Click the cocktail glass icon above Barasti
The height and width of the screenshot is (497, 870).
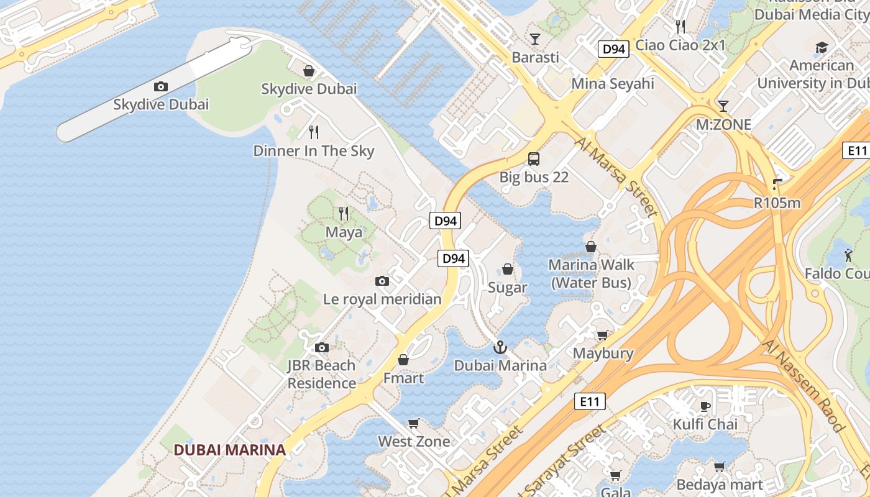[x=534, y=39]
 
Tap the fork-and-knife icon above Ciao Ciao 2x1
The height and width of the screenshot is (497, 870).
[x=680, y=26]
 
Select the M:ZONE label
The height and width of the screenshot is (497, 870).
[x=723, y=125]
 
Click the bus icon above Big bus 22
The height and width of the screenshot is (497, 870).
[x=534, y=158]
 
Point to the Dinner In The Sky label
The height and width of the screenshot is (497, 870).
[x=314, y=151]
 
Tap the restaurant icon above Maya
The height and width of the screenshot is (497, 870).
[x=344, y=214]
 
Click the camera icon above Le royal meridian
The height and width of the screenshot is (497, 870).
[x=382, y=281]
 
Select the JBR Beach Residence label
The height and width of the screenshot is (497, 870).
[x=321, y=374]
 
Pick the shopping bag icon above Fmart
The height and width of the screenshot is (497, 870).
[x=403, y=360]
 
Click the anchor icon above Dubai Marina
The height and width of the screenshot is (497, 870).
[x=500, y=347]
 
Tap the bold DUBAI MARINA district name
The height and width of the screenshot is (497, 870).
[x=229, y=450]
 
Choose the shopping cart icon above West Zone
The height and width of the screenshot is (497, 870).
[x=414, y=423]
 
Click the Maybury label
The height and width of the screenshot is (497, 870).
[x=603, y=353]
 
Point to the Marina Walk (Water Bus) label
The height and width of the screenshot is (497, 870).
[x=591, y=273]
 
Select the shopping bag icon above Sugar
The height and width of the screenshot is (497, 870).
[x=508, y=269]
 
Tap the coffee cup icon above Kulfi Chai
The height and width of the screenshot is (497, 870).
[x=705, y=406]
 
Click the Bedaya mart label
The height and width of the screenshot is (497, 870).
[x=720, y=485]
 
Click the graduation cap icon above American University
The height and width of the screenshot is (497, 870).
[x=822, y=48]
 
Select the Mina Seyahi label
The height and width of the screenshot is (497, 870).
[x=613, y=83]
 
